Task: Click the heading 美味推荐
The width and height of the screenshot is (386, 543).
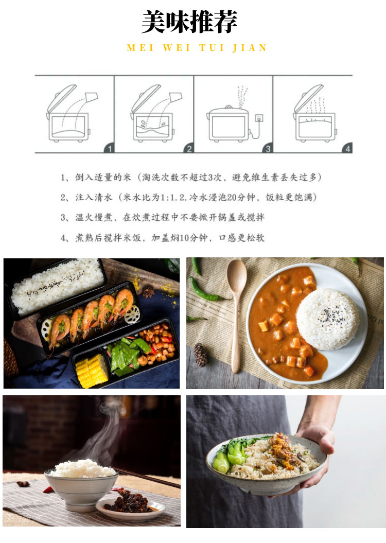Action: click(189, 22)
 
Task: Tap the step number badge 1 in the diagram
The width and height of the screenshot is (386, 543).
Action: click(109, 149)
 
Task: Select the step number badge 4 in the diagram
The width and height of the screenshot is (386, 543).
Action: click(347, 149)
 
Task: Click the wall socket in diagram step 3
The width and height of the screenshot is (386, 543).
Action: click(259, 118)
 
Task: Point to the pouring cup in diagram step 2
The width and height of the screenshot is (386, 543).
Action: click(176, 97)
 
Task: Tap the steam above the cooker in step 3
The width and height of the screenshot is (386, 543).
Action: click(242, 97)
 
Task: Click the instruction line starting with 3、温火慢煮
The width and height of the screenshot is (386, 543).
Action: click(162, 218)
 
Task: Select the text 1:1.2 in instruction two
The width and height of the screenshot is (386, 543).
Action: click(172, 198)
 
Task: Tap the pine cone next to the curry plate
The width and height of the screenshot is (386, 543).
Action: click(201, 355)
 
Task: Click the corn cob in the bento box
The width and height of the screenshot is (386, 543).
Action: click(92, 371)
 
